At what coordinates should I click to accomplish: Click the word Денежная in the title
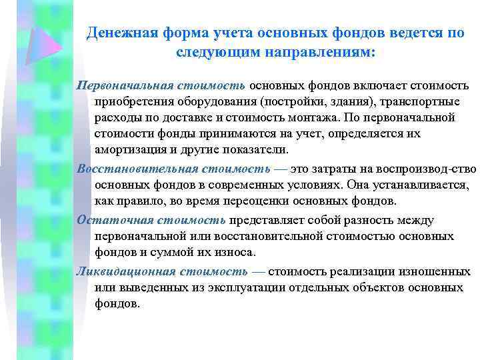(121, 33)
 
